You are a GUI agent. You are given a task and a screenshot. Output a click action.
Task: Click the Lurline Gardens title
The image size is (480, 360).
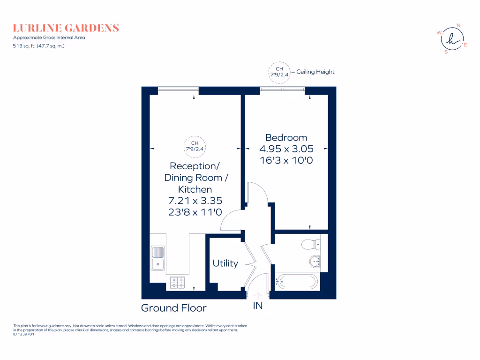pos(66,28)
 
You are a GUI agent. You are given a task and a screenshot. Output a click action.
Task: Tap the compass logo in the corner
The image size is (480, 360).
pos(452,39)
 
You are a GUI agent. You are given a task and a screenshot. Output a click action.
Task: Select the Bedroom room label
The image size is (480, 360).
pos(286,137)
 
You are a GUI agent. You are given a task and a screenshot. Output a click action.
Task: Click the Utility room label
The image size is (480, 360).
pos(225,263)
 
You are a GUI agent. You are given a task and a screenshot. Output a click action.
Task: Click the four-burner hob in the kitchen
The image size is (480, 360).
pos(178,282)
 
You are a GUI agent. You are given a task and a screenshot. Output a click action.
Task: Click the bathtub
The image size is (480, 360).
pos(297,282)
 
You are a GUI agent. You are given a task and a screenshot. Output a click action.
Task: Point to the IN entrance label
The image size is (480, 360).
pos(258,306)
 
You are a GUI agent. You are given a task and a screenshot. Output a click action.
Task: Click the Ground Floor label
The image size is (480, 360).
pos(174,308)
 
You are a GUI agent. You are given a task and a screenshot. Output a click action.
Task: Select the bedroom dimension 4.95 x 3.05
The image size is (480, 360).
pos(286,149)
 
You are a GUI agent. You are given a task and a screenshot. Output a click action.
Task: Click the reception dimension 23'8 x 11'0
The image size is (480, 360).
pos(195,212)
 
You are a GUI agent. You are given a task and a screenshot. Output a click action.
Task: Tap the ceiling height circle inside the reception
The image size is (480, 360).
pos(195,146)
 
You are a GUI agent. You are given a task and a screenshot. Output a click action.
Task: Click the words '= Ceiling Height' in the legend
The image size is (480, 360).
pos(313,72)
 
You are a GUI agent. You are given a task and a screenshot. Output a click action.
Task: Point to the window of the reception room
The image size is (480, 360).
pos(178,89)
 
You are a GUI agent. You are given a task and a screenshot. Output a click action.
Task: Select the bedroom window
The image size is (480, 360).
pos(283,89)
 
